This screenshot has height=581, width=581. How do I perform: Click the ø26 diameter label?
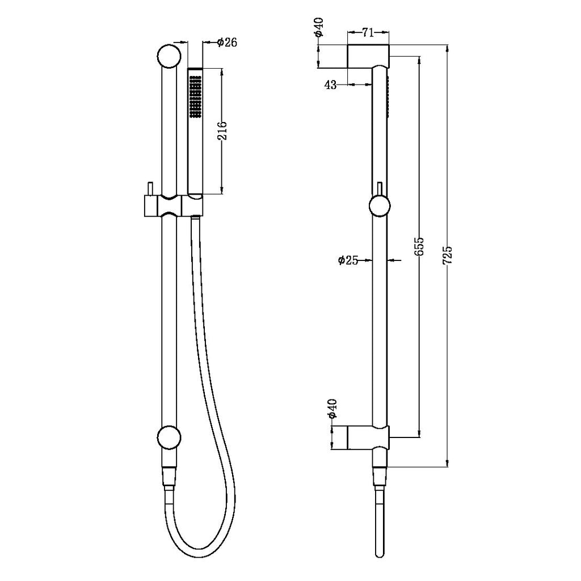pos(227,42)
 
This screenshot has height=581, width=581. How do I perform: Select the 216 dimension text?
pos(222,130)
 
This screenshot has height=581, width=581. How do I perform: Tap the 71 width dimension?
pos(368,32)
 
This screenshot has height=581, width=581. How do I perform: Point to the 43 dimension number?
pos(330,85)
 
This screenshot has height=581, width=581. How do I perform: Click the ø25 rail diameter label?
pos(348,260)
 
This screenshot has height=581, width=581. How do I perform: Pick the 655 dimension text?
pos(419,246)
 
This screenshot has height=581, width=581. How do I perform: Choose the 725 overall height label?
pos(448,255)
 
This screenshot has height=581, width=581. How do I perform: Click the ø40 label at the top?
pos(319,27)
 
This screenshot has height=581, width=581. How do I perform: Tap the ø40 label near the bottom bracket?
pos(332,409)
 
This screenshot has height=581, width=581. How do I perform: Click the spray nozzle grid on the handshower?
pos(195,97)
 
